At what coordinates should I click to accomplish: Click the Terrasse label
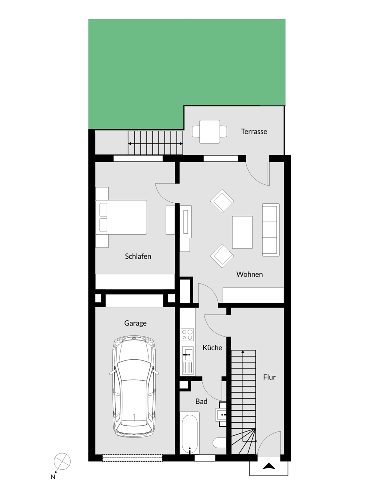(254, 132)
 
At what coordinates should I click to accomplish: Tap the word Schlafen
(138, 256)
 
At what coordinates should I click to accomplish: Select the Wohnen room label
(249, 275)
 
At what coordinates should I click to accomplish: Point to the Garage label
(135, 323)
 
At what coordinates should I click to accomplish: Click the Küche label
(212, 347)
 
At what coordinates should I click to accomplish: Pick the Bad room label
(201, 401)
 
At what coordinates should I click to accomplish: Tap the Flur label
(269, 377)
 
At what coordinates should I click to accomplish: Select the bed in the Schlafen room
(124, 216)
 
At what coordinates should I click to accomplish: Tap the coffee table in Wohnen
(242, 232)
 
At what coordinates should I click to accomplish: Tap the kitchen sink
(188, 354)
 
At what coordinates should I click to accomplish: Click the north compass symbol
(62, 460)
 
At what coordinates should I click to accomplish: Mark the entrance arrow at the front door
(269, 466)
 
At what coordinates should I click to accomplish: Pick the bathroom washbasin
(223, 414)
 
